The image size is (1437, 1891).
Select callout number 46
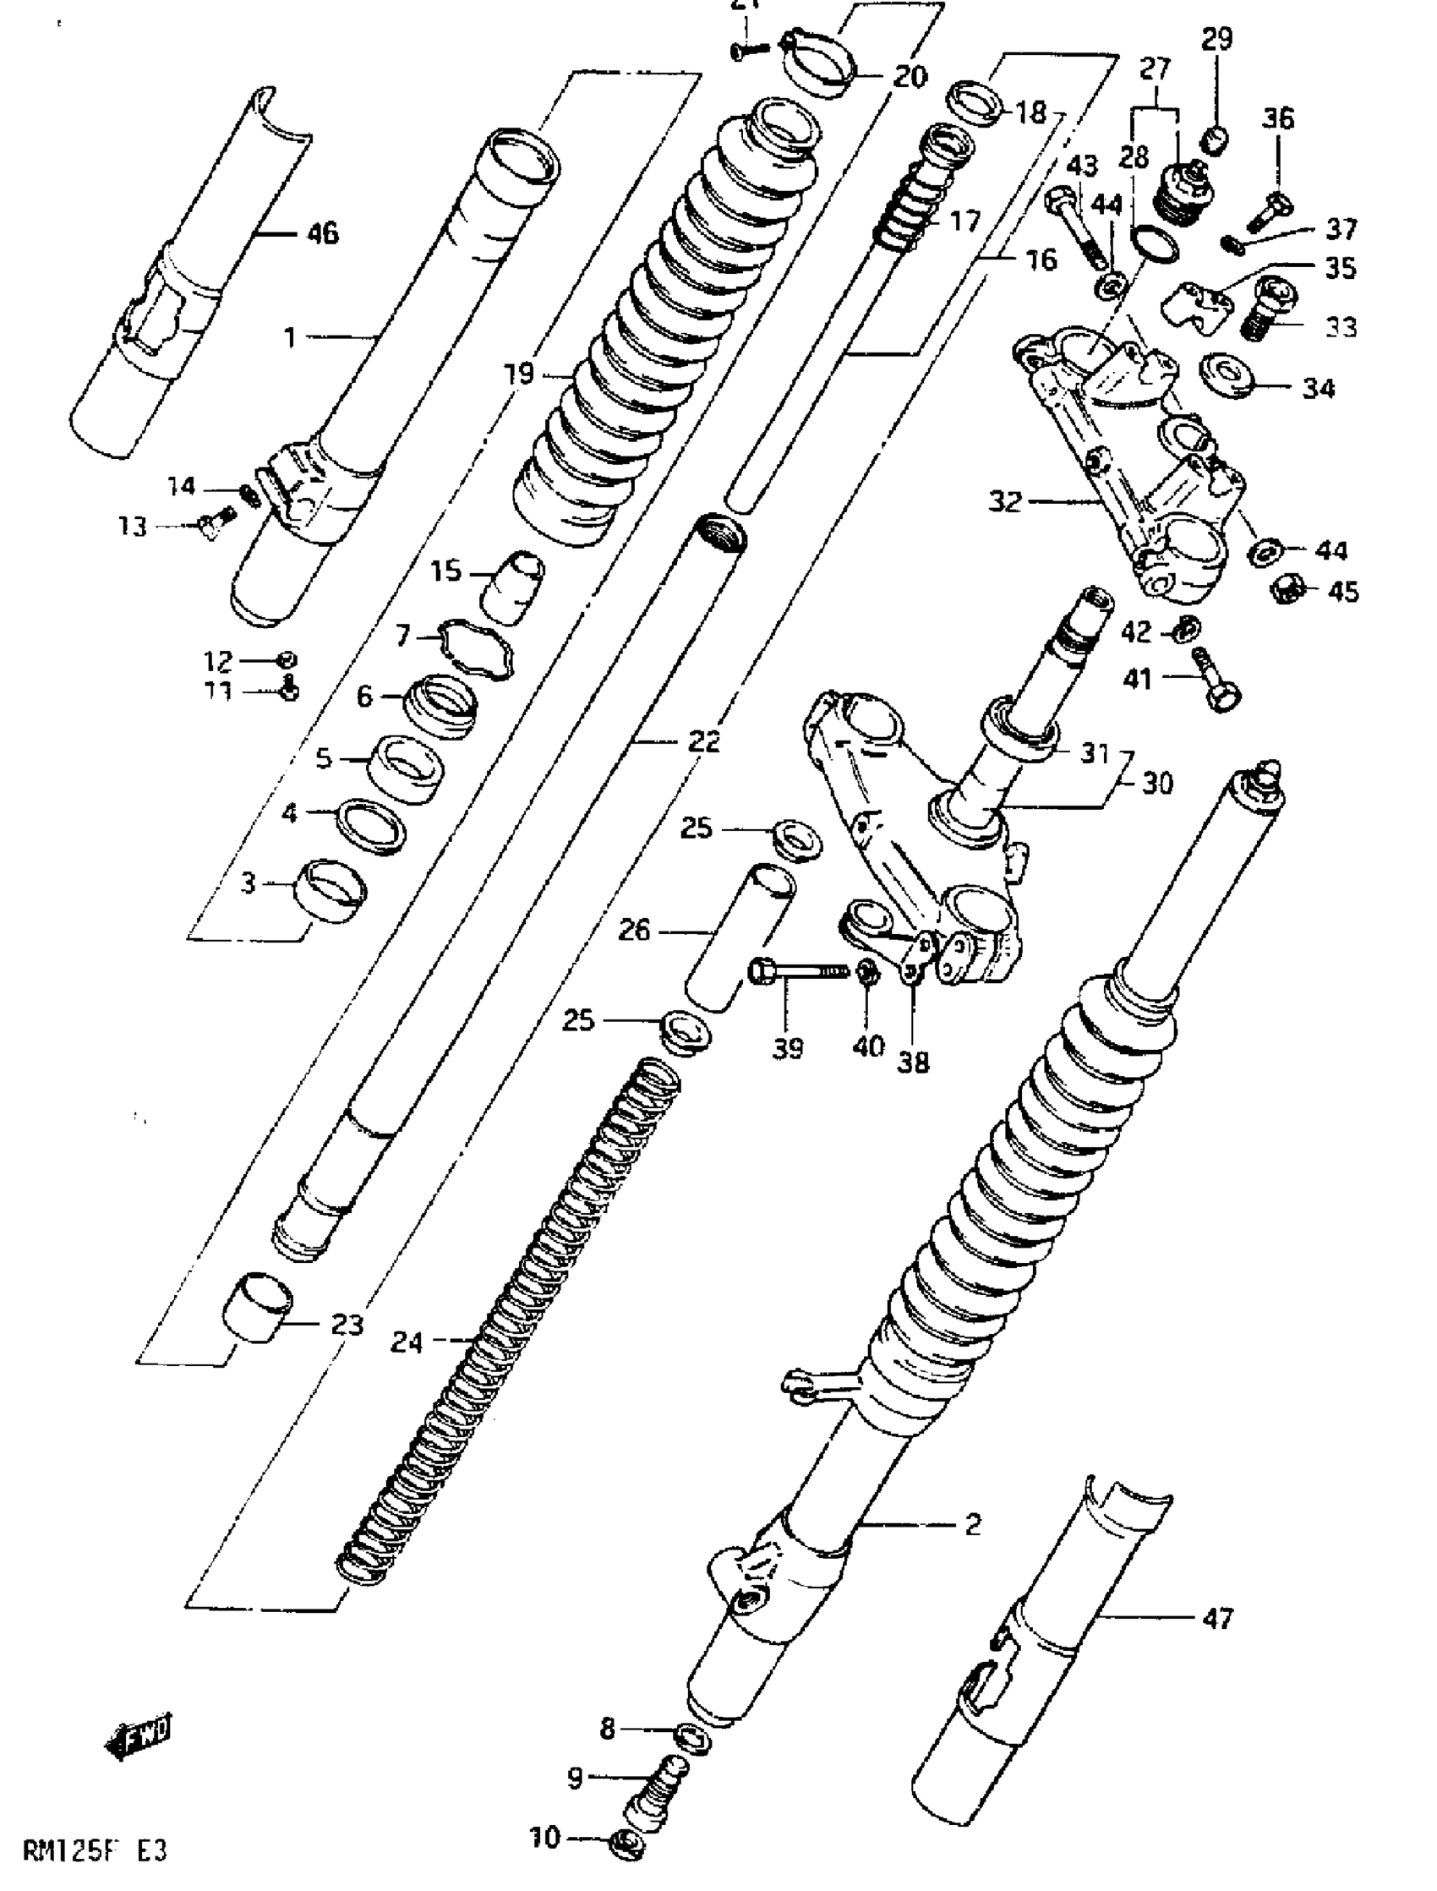pos(322,232)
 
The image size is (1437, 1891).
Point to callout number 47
pos(1218,1618)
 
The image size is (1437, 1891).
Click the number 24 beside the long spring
pos(407,1342)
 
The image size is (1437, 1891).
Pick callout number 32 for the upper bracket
pos(1004,501)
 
